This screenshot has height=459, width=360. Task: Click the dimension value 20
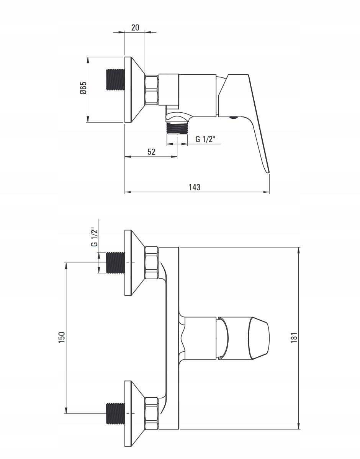[135, 28]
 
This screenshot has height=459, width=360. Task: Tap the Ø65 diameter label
[83, 88]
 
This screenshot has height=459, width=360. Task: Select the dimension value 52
[151, 152]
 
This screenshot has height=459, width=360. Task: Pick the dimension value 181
[294, 338]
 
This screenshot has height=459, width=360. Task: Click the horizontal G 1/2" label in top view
[205, 139]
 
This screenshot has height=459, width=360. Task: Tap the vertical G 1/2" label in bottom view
[94, 237]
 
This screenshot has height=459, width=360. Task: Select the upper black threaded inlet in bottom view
[115, 262]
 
